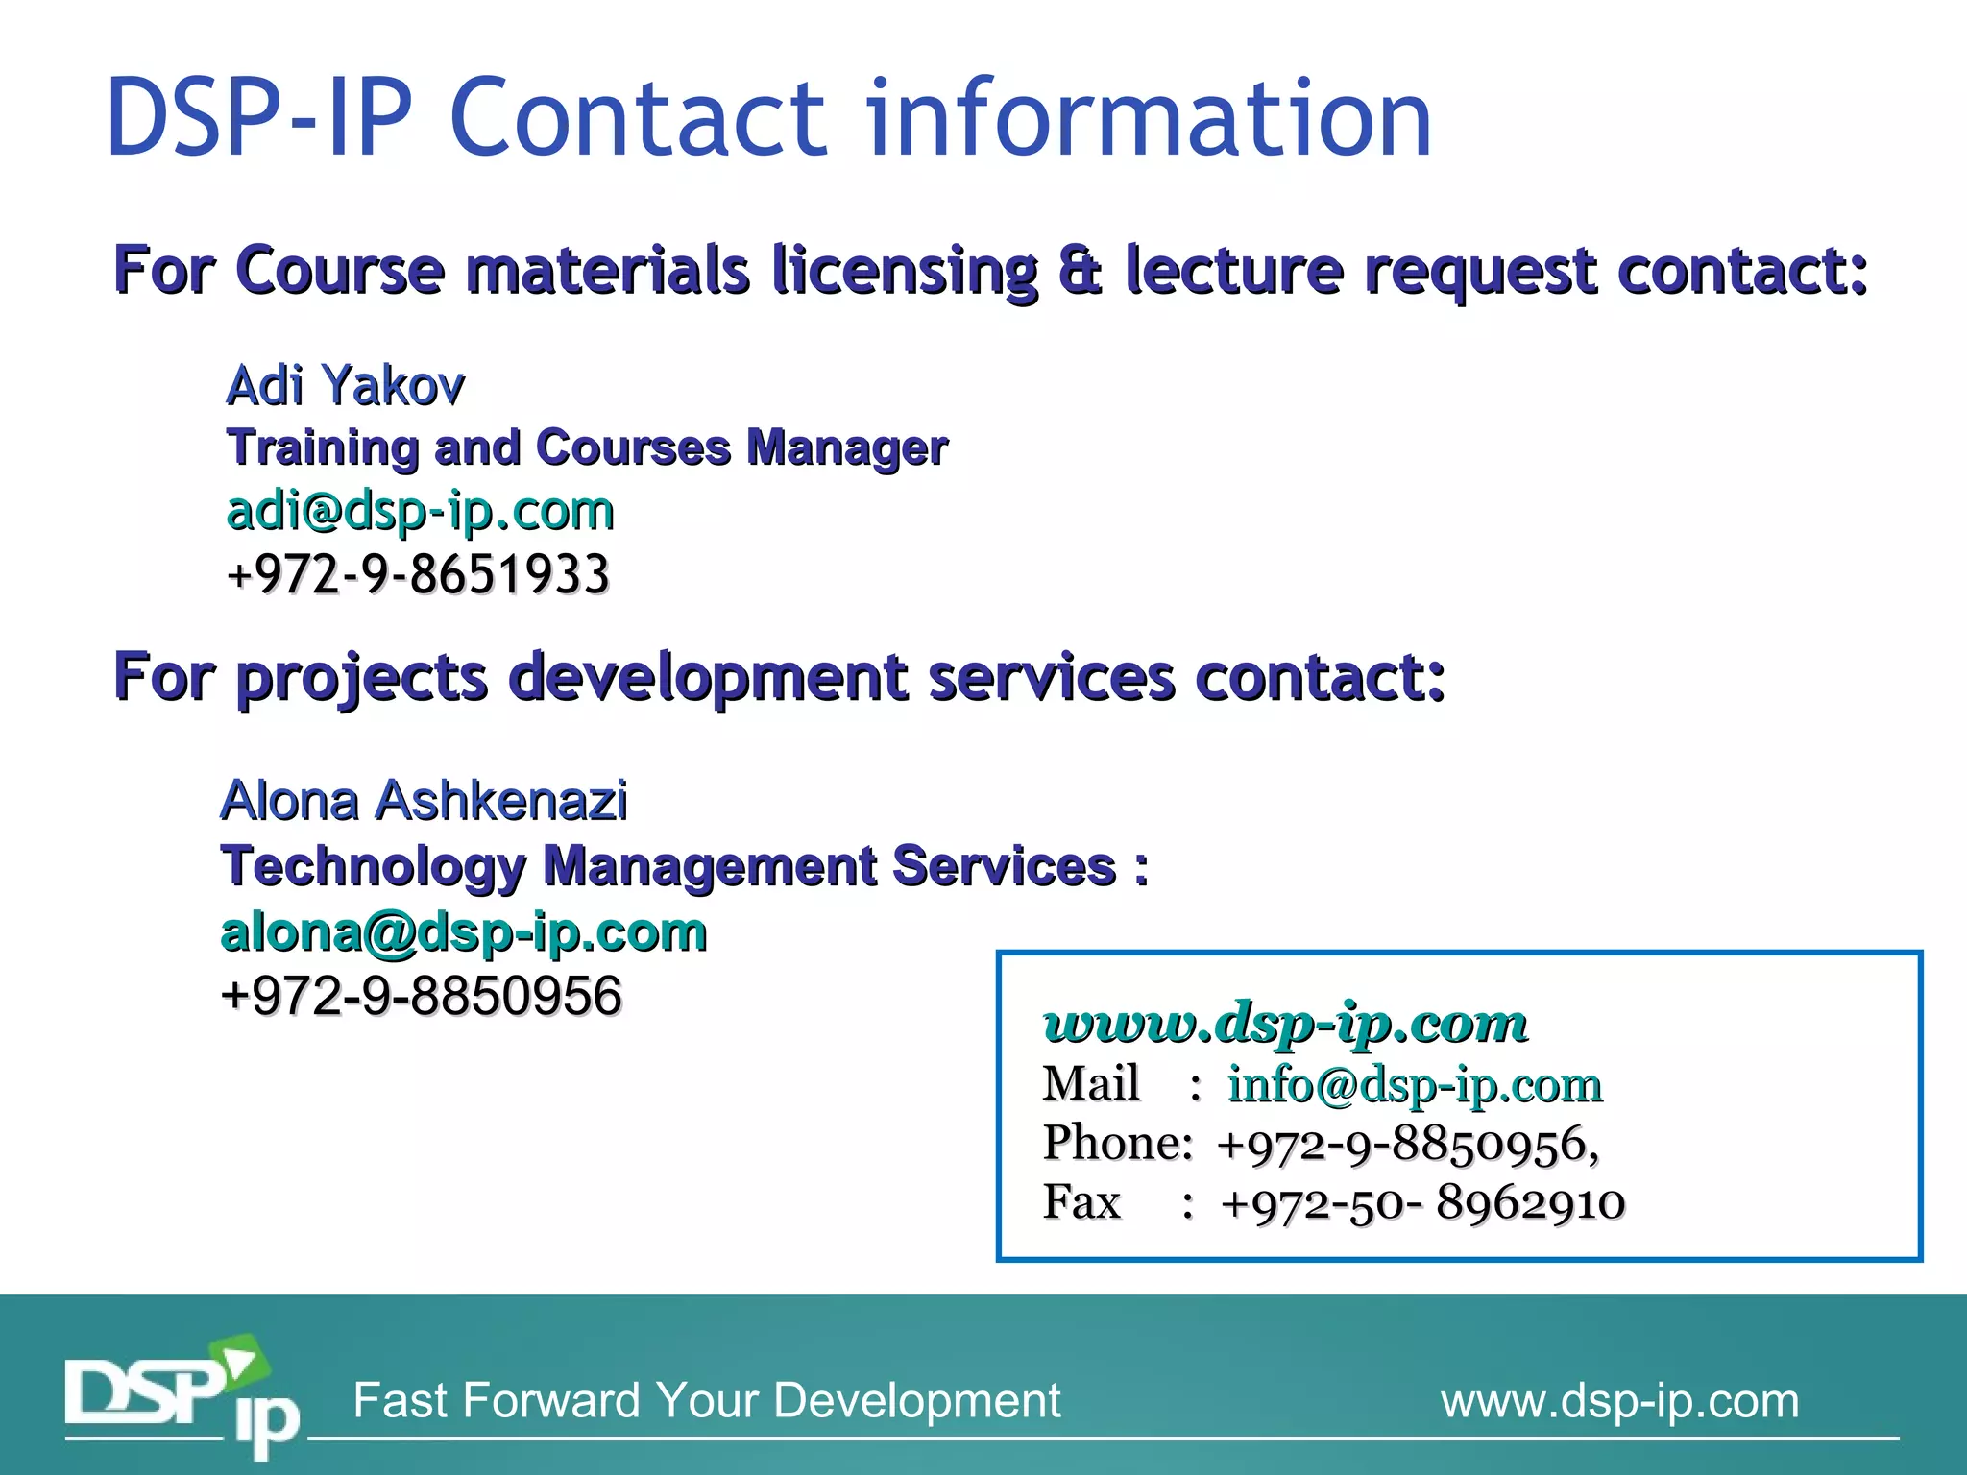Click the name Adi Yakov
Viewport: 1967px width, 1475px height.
(345, 386)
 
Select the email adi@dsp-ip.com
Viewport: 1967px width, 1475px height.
(420, 511)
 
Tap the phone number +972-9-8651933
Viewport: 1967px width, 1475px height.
(418, 574)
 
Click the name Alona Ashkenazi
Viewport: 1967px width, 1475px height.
(424, 801)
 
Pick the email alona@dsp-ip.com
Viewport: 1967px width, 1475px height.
(464, 932)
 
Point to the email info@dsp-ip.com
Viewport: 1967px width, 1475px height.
(1415, 1085)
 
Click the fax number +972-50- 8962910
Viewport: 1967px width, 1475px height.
(1422, 1203)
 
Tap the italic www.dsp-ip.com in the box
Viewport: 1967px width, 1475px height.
(1285, 1024)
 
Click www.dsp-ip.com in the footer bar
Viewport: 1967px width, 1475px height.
(1619, 1401)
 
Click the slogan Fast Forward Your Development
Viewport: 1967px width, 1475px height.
(706, 1401)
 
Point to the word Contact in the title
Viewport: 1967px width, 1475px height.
(638, 118)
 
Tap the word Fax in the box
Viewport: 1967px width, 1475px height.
(1081, 1202)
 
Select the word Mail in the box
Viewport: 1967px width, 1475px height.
(1091, 1084)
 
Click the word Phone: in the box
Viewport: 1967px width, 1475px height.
(1118, 1144)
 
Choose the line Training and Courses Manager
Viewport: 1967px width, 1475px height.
(587, 448)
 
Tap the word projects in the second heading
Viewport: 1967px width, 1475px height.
(362, 678)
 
